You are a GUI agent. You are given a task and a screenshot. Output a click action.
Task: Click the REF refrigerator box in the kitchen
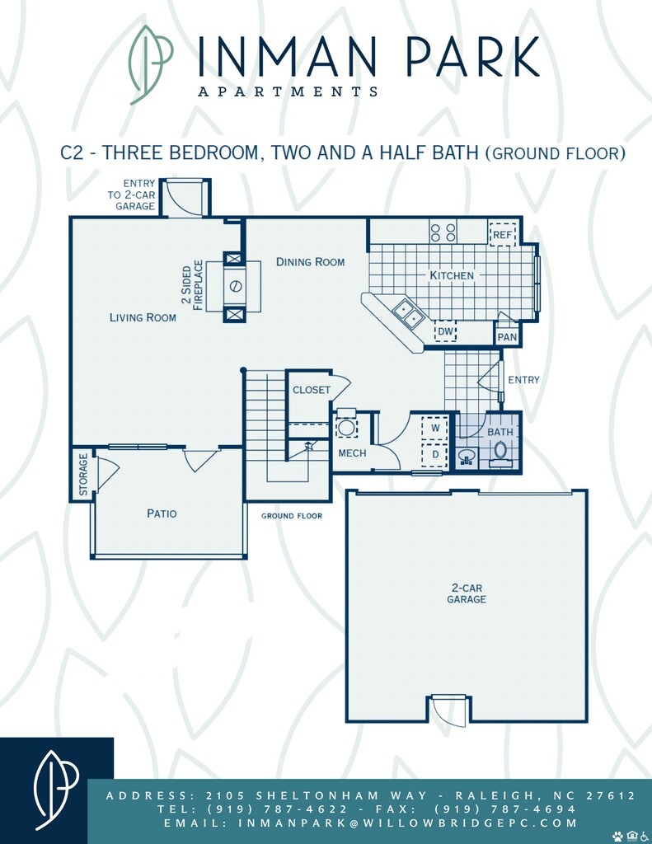coord(503,235)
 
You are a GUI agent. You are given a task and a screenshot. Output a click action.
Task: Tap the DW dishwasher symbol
coord(445,331)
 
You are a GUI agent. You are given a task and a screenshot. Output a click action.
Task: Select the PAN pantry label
coord(507,337)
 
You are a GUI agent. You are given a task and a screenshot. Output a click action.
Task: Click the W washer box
coord(435,429)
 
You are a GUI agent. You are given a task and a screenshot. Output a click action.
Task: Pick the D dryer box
coord(435,455)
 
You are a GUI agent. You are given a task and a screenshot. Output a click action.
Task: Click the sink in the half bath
coord(467,457)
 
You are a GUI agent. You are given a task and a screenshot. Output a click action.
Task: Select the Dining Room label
coord(310,262)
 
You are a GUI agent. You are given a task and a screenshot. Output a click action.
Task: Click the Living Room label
coord(143,317)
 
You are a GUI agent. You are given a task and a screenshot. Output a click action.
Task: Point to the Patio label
coord(162,513)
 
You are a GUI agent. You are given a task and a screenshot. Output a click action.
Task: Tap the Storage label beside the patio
coord(83,474)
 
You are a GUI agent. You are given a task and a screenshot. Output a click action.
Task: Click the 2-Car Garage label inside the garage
coord(467,593)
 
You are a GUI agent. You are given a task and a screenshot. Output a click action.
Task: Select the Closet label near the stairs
coord(312,390)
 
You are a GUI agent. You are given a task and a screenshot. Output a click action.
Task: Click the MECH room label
coord(352,453)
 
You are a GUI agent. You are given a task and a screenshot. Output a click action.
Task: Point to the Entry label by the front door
coord(523,380)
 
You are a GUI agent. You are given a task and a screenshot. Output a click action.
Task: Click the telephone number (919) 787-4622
coord(277,809)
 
